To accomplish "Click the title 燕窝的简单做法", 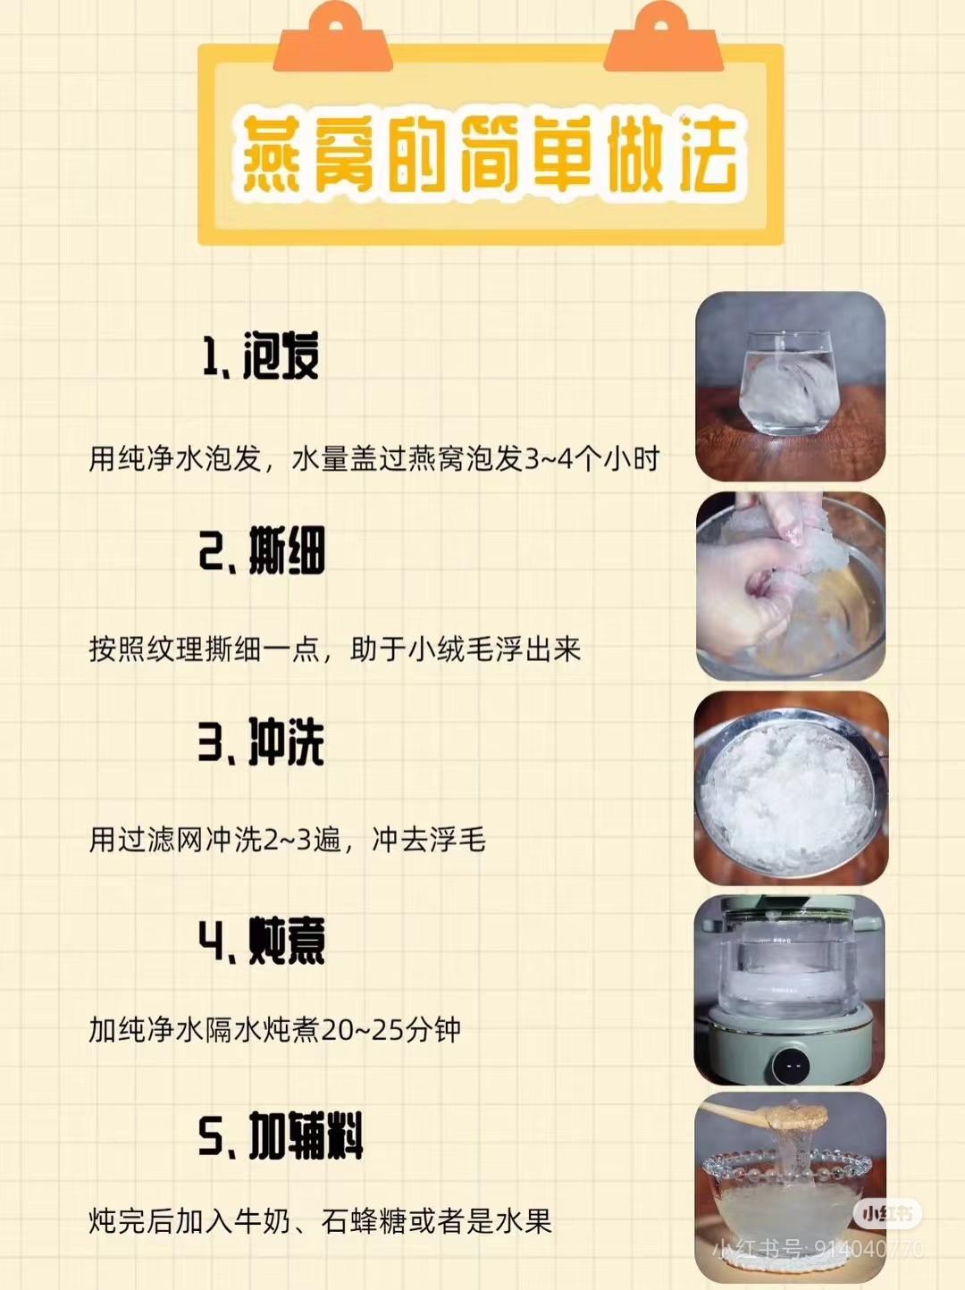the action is (x=491, y=154).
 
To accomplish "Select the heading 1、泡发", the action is (x=262, y=356).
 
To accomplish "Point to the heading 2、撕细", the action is (x=262, y=551).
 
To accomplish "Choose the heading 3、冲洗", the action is (x=262, y=742).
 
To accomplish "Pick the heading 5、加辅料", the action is (x=281, y=1135).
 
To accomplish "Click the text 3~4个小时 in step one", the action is (x=591, y=459).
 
